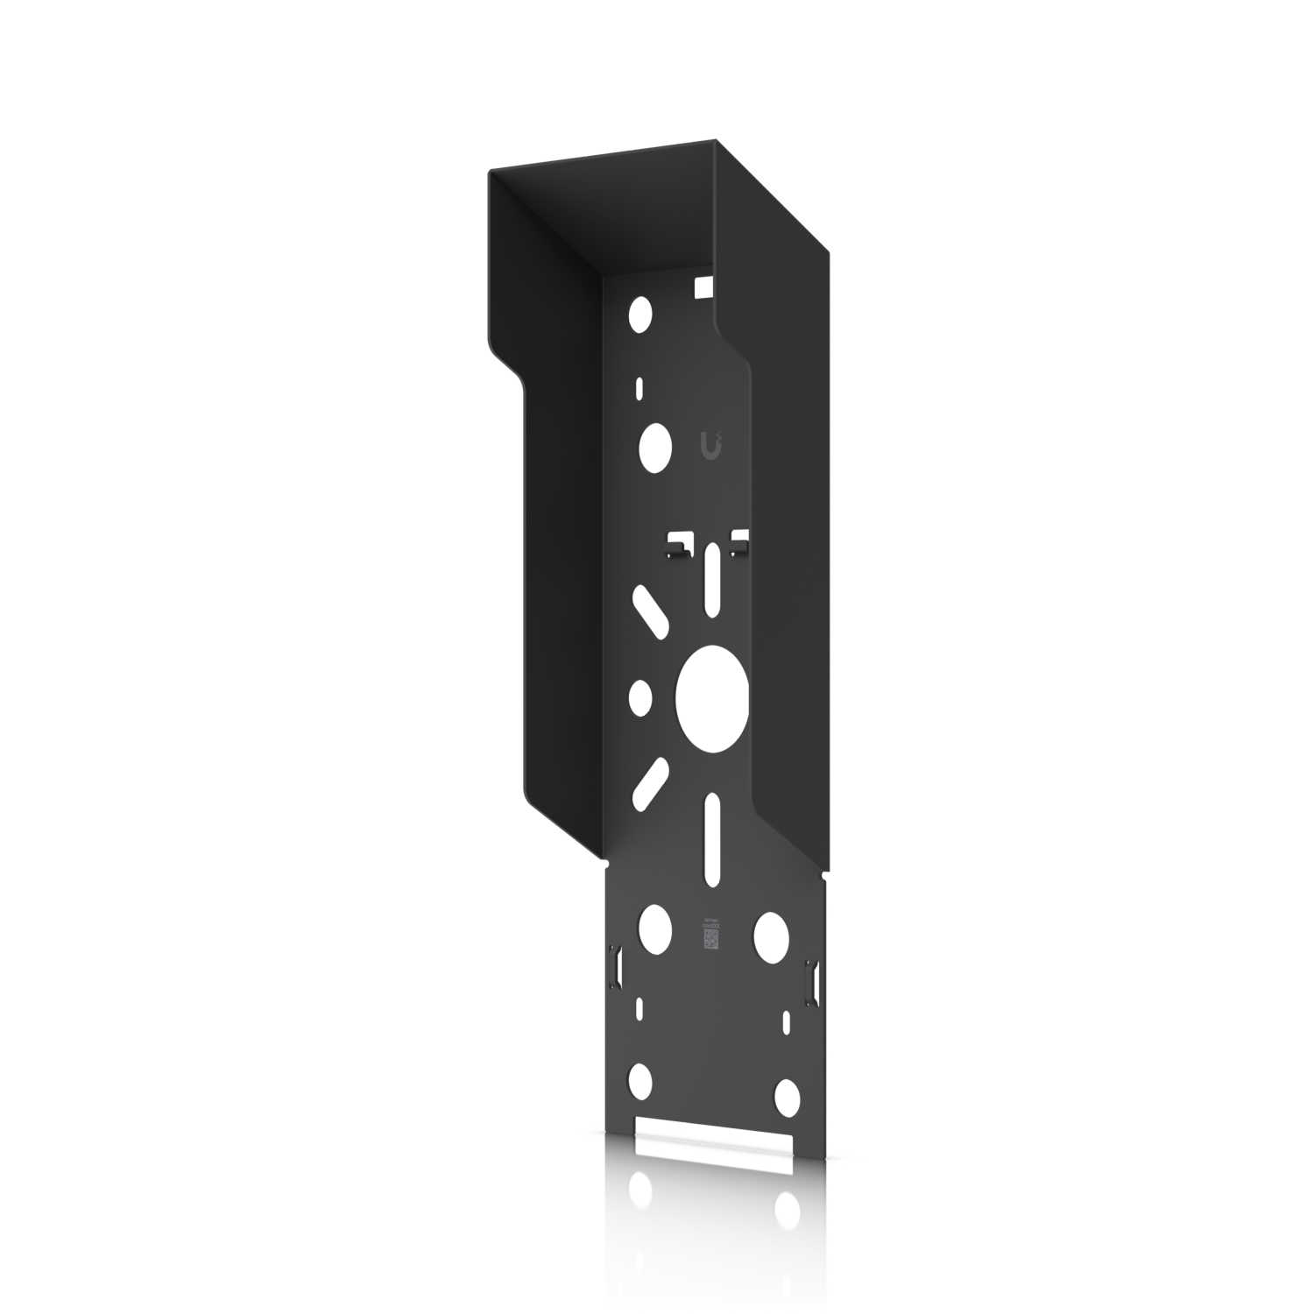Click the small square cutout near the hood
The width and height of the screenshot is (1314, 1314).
(702, 285)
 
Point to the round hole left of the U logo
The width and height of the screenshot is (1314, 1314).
(654, 444)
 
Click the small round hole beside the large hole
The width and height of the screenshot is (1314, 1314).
(641, 696)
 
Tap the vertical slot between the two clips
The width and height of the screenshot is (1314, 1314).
(716, 569)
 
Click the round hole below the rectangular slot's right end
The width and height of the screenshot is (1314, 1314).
(787, 1211)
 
